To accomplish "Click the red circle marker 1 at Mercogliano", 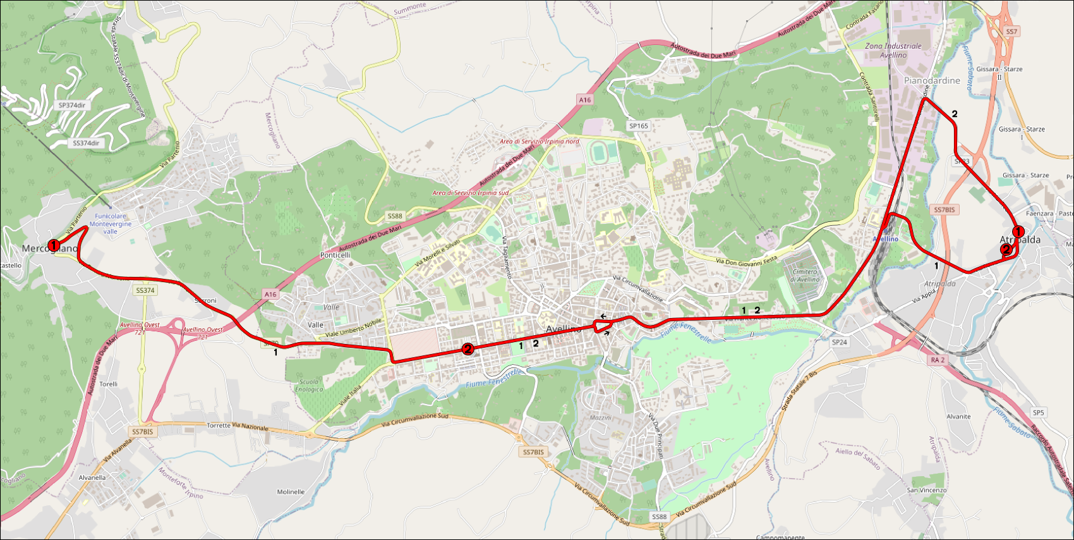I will [54, 245].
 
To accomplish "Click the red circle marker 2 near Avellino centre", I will [468, 348].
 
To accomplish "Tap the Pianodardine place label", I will [932, 81].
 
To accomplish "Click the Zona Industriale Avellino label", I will [893, 51].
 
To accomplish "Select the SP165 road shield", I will [639, 126].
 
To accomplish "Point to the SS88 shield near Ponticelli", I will [395, 216].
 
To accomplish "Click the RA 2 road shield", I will [938, 360].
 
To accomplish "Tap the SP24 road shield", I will [839, 342].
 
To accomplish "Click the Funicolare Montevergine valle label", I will [111, 224].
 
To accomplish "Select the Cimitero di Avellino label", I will [805, 275].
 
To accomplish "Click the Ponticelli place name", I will [335, 255].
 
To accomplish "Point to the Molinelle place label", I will [291, 492].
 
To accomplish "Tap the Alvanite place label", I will [958, 417].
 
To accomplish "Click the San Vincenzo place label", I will [927, 490].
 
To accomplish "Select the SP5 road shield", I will [1039, 412].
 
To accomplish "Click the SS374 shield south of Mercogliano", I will [145, 290].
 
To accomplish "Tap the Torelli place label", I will [108, 384].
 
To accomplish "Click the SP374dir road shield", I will [71, 105].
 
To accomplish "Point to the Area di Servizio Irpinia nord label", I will [539, 142].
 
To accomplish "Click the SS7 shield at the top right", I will [1011, 32].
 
